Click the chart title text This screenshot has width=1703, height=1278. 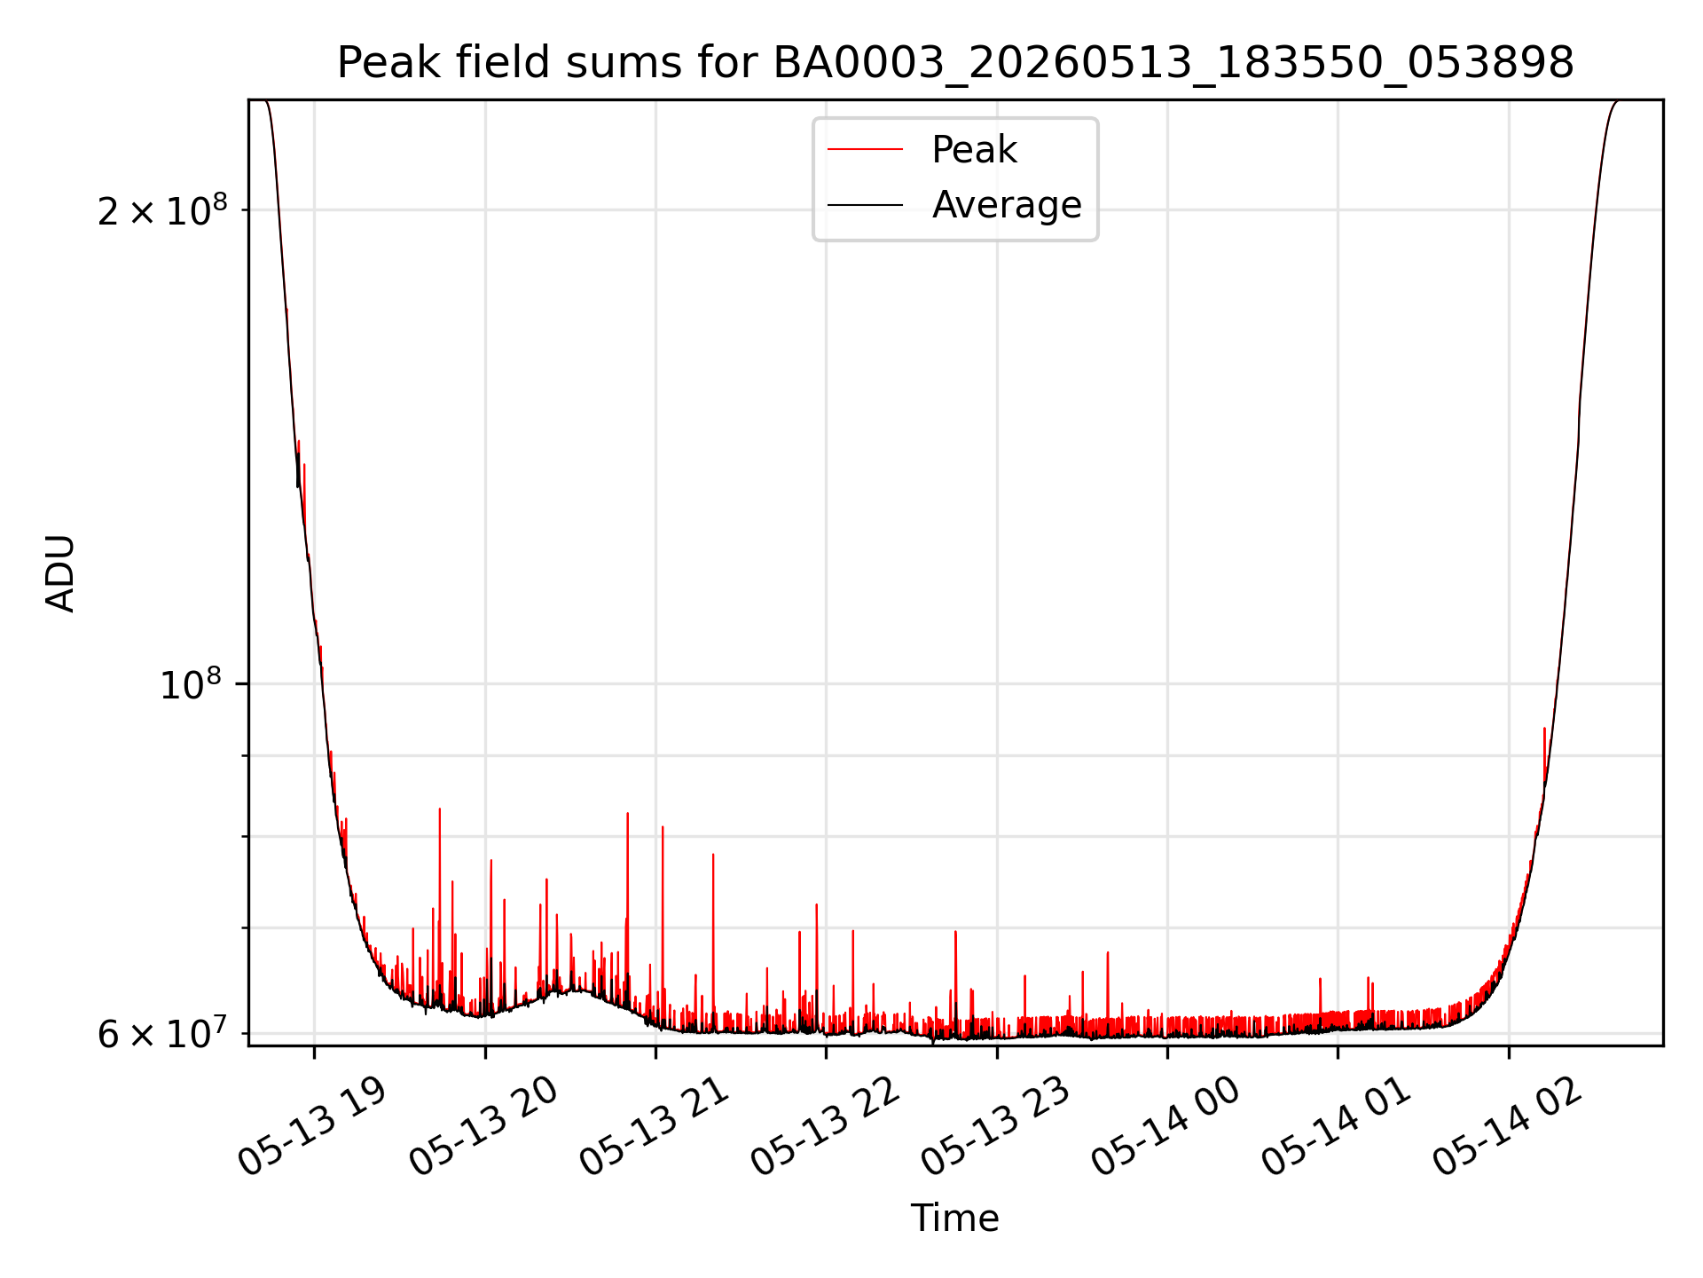coord(955,63)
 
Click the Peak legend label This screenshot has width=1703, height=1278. coord(974,150)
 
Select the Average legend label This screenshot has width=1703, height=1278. coord(1007,205)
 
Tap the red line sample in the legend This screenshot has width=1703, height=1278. coord(865,150)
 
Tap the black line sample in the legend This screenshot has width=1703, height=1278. coord(865,205)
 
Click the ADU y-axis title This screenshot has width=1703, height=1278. coord(60,573)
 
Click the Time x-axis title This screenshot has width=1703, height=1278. coord(955,1219)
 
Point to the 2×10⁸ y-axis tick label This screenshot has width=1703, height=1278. coord(162,210)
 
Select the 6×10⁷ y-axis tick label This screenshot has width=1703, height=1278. coord(162,1034)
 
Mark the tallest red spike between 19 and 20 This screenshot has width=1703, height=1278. coord(439,809)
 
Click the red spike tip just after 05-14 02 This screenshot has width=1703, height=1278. coord(1544,729)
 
